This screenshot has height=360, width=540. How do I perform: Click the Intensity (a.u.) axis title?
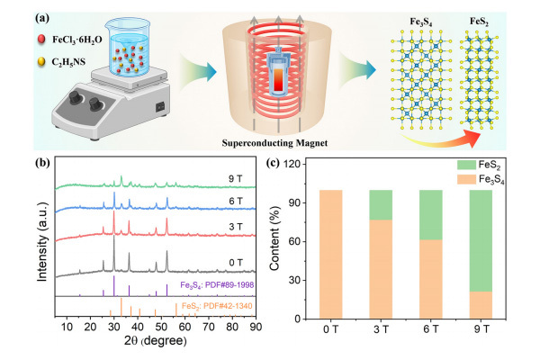point(36,242)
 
